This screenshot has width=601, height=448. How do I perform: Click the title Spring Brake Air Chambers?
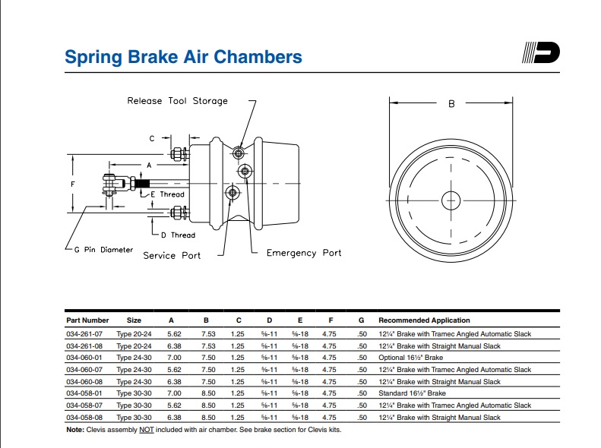(183, 57)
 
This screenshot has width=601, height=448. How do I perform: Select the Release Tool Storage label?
(177, 100)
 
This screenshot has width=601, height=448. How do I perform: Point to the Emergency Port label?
(304, 253)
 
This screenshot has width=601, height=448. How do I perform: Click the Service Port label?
(172, 256)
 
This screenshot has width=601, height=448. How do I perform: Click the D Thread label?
(178, 235)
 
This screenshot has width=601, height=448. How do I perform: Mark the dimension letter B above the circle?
(451, 104)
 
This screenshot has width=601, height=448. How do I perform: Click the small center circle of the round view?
(451, 200)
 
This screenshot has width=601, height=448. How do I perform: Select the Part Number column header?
(87, 320)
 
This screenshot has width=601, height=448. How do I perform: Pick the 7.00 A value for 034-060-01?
(175, 358)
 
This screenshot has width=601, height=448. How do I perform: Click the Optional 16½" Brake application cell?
(410, 358)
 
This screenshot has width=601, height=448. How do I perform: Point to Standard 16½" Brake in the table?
(412, 393)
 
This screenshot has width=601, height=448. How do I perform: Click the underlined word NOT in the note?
(145, 430)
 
